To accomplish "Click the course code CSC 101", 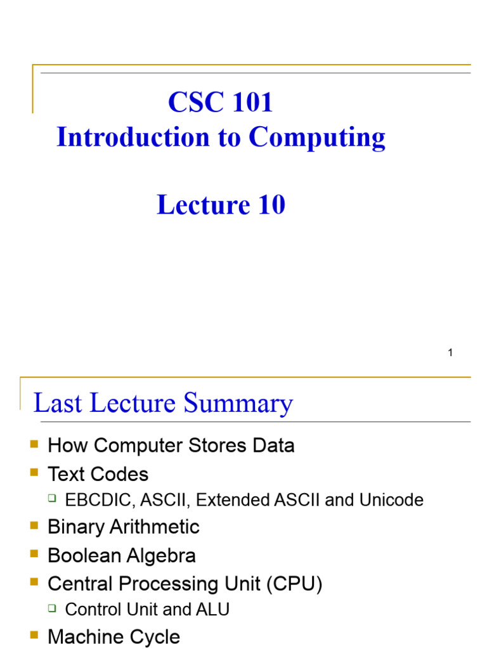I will click(x=220, y=103).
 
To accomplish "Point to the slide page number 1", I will click(x=450, y=352).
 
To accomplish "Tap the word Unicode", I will click(x=391, y=500).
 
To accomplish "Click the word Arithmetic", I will click(x=158, y=527).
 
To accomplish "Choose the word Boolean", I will click(x=84, y=556).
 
